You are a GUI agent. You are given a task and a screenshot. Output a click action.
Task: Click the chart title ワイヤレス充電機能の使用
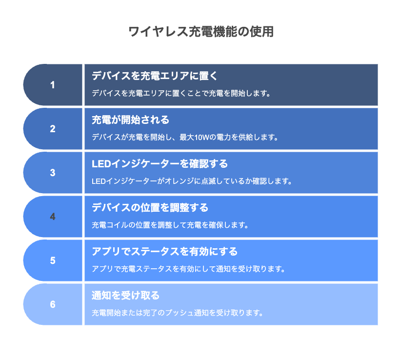(x=201, y=32)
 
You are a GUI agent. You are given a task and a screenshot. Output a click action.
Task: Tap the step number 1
(x=52, y=85)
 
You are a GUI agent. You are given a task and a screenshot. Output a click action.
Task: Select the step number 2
(x=53, y=129)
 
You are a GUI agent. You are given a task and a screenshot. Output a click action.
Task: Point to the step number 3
(x=53, y=173)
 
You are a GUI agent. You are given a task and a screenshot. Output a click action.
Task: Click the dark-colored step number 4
(x=53, y=217)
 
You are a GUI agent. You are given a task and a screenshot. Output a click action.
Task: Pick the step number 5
(x=53, y=260)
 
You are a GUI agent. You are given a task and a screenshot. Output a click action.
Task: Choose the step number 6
(x=53, y=304)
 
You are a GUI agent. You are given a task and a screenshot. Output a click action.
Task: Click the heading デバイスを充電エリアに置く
(x=155, y=76)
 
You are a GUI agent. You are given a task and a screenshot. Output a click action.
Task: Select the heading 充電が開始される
(x=130, y=120)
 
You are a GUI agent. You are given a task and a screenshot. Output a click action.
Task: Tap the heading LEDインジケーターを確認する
(x=160, y=164)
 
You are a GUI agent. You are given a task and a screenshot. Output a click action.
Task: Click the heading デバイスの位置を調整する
(x=150, y=208)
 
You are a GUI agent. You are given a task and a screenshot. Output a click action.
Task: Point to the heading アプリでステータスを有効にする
(x=165, y=252)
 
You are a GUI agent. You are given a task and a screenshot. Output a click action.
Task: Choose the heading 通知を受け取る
(x=125, y=296)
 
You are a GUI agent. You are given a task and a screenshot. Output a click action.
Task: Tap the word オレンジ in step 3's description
(x=179, y=181)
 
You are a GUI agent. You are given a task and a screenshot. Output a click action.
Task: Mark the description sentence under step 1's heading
(x=181, y=93)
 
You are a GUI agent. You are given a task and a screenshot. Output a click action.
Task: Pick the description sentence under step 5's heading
(x=188, y=269)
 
